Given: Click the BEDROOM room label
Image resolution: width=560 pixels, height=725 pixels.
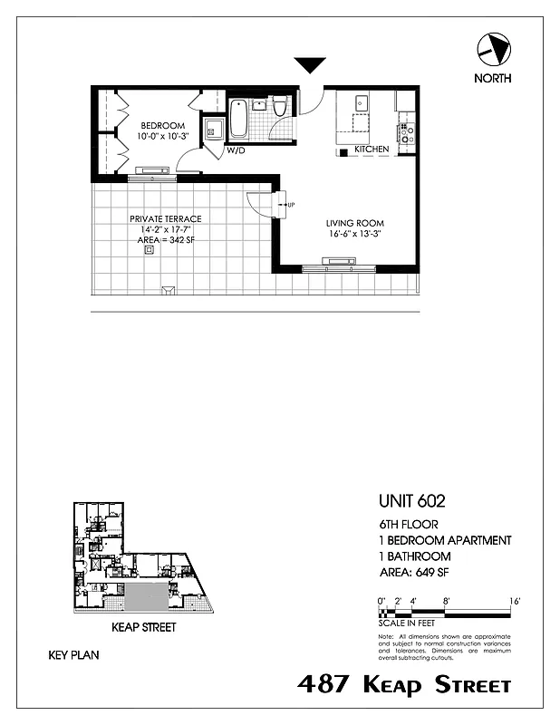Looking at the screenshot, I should [163, 125].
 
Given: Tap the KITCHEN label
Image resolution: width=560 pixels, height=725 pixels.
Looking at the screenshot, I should [372, 149].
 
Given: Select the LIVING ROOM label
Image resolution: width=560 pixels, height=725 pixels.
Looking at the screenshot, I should [355, 223].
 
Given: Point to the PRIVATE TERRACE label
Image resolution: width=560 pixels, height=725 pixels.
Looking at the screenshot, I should [165, 219].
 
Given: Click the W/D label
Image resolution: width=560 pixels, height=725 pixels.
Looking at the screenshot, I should [237, 150].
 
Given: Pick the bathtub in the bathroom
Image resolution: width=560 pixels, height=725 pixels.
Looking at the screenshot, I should [239, 117].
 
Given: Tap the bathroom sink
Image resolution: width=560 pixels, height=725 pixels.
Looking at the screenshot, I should [259, 104].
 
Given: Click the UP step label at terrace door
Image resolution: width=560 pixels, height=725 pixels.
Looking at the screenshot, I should [290, 206].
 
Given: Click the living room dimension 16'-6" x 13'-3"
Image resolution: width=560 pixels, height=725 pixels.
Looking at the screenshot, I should [355, 234].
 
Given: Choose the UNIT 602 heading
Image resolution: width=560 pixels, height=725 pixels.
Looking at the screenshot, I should [411, 500].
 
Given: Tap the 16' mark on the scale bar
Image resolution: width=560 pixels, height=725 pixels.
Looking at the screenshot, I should [514, 601].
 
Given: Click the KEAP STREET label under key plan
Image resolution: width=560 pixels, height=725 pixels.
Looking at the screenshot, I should [143, 627].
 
